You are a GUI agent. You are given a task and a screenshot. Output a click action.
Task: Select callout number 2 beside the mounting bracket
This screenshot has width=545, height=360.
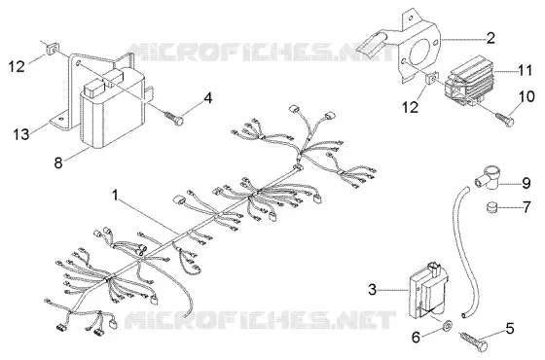(x=490, y=38)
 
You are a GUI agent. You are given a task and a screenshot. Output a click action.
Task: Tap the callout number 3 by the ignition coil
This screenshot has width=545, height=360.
(x=372, y=290)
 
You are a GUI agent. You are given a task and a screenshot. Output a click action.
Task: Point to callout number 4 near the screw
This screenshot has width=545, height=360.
(x=207, y=98)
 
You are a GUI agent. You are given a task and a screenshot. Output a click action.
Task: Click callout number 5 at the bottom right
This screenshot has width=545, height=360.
(x=510, y=329)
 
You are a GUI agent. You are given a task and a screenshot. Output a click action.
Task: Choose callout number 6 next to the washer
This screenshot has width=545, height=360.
(x=417, y=337)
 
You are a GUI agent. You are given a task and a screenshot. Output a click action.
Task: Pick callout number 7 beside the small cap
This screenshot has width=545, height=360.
(x=527, y=207)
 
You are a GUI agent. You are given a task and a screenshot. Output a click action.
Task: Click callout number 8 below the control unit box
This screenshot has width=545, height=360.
(x=58, y=162)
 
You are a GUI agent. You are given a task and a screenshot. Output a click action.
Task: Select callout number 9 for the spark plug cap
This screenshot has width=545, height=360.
(x=527, y=183)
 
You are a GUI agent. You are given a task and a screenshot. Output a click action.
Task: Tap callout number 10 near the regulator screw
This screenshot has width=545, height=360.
(x=527, y=96)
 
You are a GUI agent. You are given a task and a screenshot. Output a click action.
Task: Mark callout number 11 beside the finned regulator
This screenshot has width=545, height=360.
(x=526, y=70)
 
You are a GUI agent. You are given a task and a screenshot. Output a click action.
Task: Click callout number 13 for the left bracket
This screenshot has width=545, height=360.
(x=21, y=134)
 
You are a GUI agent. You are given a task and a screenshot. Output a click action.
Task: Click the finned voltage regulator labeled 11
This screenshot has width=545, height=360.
(x=468, y=81)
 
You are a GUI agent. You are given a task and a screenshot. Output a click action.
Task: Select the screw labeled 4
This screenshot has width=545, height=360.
(x=174, y=118)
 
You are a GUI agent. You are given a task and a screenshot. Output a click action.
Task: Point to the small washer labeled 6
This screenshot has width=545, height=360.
(x=447, y=325)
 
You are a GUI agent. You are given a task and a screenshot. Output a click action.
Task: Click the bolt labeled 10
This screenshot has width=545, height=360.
(x=505, y=119)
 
